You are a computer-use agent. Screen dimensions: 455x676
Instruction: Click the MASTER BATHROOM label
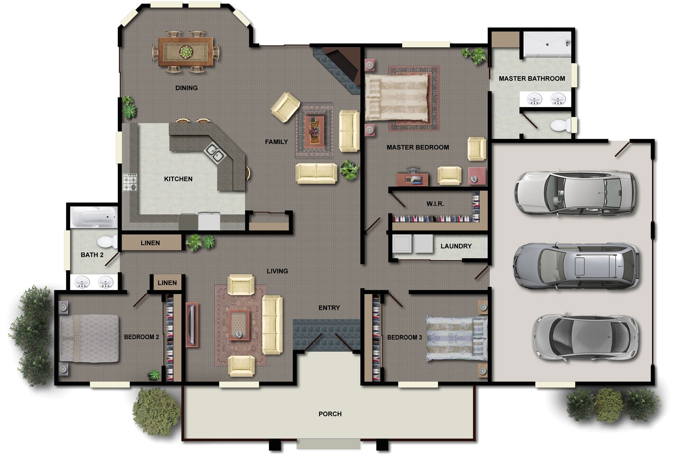point(532,78)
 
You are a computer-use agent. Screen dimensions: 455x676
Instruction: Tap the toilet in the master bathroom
point(560,125)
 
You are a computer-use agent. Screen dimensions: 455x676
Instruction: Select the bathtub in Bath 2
point(94,217)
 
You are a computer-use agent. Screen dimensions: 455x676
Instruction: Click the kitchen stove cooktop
point(130,182)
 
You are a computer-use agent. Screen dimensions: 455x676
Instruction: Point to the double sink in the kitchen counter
point(215,153)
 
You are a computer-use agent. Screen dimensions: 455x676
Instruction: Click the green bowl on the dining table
point(186,52)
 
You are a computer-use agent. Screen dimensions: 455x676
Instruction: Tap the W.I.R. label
point(435,204)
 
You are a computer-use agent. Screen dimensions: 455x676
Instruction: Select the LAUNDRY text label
point(456,246)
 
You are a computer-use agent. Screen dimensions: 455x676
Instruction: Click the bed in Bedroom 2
point(89,338)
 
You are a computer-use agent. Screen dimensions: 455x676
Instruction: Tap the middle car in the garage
point(576,266)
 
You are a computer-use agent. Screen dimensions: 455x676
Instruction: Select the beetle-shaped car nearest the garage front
point(585,337)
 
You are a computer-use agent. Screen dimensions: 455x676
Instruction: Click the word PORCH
point(330,414)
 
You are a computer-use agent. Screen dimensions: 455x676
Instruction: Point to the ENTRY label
point(329,308)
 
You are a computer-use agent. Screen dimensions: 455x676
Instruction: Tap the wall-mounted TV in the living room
point(192,325)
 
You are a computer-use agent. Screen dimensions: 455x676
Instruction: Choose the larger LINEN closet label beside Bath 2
point(150,243)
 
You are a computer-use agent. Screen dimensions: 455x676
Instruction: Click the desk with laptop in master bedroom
point(412,179)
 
